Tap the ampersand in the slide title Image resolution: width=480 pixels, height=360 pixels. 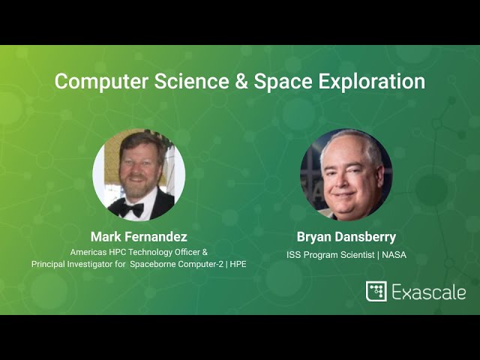click(x=241, y=82)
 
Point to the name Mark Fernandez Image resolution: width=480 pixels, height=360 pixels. click(x=139, y=237)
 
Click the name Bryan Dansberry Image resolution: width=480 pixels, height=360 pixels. click(x=346, y=237)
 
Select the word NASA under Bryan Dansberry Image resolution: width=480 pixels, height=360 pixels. click(x=393, y=255)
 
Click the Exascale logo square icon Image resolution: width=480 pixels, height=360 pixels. click(x=376, y=292)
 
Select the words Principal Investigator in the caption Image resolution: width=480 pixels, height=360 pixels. click(x=70, y=264)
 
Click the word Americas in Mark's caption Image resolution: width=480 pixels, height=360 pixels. click(x=88, y=252)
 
